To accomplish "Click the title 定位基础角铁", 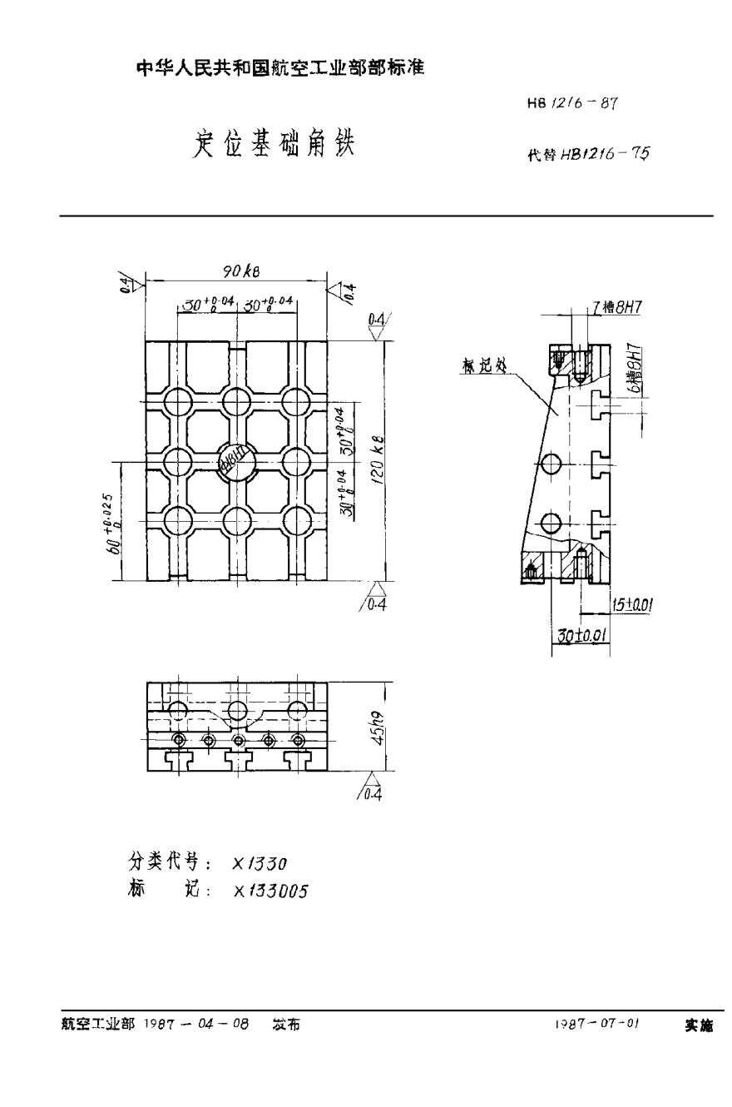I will (x=274, y=143).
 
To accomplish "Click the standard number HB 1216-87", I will (x=571, y=104).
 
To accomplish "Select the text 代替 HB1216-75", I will (x=587, y=154).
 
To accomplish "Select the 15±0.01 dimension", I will (x=631, y=606).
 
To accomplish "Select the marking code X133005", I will (x=270, y=891).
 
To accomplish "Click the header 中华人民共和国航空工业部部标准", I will (x=280, y=69).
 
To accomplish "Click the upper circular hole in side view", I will (x=551, y=462).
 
